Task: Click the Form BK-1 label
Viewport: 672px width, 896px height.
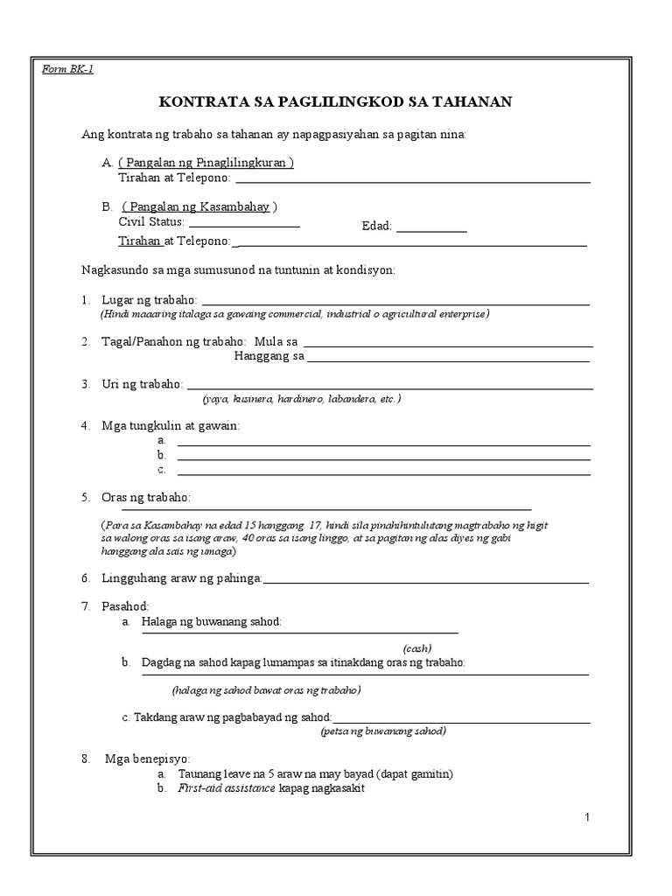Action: pos(67,70)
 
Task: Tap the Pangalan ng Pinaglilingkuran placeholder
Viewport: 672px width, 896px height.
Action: pos(206,163)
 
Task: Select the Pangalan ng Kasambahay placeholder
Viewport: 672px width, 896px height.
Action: pos(199,206)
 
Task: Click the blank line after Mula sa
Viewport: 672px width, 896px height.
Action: pos(447,344)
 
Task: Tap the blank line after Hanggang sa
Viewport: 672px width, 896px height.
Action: pos(447,359)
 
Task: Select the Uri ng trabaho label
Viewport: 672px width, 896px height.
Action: pos(143,384)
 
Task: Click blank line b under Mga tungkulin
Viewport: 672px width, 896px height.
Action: pos(383,457)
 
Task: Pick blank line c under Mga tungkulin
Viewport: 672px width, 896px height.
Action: pos(383,472)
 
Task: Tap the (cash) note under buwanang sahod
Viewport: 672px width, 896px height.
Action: pos(417,648)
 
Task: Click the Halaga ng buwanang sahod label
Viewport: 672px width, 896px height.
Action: pos(212,621)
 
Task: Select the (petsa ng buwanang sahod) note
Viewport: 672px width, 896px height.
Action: pos(383,731)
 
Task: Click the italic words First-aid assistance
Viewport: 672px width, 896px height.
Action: pos(227,787)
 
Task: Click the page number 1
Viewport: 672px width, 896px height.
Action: pos(588,817)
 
